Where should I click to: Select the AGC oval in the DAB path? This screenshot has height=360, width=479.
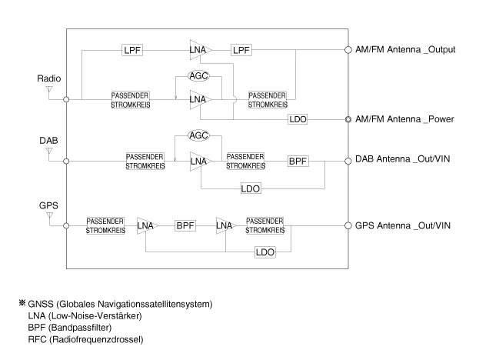pyautogui.click(x=199, y=135)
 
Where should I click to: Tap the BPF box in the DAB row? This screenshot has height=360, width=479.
pyautogui.click(x=298, y=161)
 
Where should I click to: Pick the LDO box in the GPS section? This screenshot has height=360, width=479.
pyautogui.click(x=266, y=252)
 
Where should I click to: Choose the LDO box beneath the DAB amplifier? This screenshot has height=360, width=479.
pyautogui.click(x=249, y=188)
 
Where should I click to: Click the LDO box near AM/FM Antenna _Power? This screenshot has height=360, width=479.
pyautogui.click(x=298, y=119)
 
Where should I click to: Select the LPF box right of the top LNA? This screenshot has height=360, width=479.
pyautogui.click(x=241, y=50)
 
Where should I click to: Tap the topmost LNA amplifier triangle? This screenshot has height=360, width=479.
pyautogui.click(x=199, y=50)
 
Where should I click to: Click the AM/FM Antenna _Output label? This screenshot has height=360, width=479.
pyautogui.click(x=405, y=50)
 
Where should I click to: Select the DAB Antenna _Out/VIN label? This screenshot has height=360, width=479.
pyautogui.click(x=405, y=161)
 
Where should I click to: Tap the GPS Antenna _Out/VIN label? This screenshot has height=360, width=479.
pyautogui.click(x=405, y=225)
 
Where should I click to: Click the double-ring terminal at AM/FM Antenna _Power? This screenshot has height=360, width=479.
pyautogui.click(x=348, y=119)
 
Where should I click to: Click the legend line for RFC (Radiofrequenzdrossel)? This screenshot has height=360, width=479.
pyautogui.click(x=96, y=339)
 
